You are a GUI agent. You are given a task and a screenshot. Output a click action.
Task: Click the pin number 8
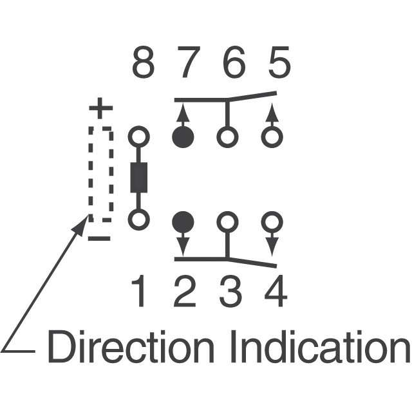coord(143,62)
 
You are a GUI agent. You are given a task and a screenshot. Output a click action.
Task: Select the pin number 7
coord(189,62)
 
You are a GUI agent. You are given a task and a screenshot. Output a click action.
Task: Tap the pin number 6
coord(234,62)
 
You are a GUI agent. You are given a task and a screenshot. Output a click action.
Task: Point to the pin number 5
coord(279,62)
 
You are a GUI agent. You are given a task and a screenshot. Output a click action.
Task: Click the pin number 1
coord(139,291)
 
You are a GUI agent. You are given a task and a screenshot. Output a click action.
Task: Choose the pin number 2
coord(185,291)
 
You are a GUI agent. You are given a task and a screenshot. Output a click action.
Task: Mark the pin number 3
coord(230,292)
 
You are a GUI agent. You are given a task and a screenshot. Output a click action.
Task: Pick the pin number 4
coord(276,291)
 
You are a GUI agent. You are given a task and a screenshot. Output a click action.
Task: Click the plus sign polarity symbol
coord(101,108)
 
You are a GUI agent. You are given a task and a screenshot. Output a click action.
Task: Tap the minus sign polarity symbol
coord(99,239)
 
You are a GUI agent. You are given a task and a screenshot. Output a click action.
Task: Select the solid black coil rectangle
coord(139,178)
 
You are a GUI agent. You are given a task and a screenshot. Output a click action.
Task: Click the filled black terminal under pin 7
coord(183,137)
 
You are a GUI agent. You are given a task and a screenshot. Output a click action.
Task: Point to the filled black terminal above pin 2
coord(183,221)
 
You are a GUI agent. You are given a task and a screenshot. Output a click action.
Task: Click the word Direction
coord(131,346)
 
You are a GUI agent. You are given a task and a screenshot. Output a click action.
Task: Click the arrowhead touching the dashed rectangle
coord(80,225)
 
